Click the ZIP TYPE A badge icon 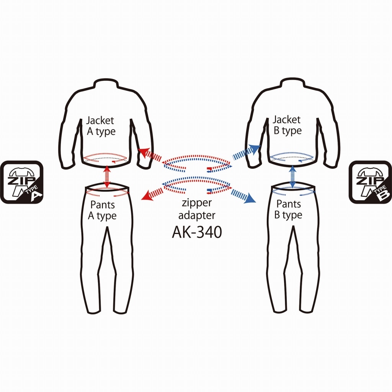[x=21, y=182]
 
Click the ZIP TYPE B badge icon [x=370, y=182]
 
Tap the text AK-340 [x=197, y=232]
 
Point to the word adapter [x=197, y=216]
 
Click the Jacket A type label [x=100, y=126]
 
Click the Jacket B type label [x=287, y=125]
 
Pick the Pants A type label [x=102, y=210]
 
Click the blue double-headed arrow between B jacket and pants [x=293, y=176]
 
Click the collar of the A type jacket [x=105, y=82]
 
